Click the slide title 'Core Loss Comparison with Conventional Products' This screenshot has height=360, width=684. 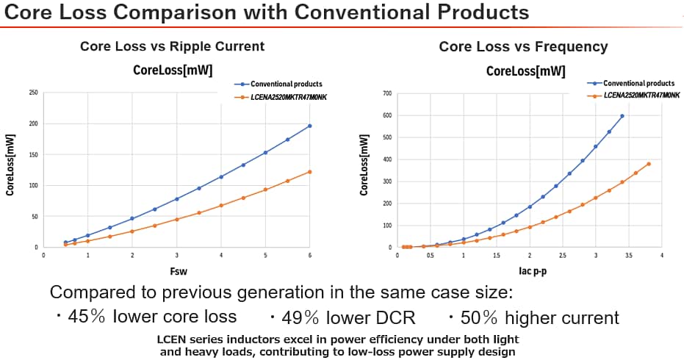(x=267, y=12)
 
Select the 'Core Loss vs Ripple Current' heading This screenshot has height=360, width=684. (x=172, y=46)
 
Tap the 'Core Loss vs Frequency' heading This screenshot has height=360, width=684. (x=523, y=46)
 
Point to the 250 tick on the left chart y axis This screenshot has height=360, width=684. (x=33, y=93)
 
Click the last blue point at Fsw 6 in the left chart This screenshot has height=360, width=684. (x=310, y=126)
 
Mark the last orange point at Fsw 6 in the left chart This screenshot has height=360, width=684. (x=310, y=172)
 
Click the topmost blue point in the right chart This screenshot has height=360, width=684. (x=622, y=116)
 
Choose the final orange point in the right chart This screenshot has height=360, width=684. (x=649, y=164)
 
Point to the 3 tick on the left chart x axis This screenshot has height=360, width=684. (x=177, y=255)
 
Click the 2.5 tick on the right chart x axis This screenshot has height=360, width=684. (x=562, y=255)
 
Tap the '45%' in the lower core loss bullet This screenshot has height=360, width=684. (x=87, y=317)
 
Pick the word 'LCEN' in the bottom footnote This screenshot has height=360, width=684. (x=173, y=339)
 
